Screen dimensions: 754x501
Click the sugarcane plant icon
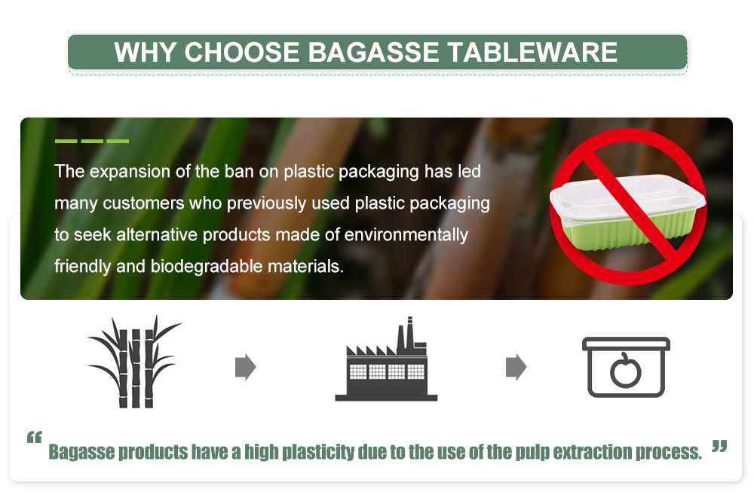point(134,362)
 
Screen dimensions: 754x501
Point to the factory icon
point(386,359)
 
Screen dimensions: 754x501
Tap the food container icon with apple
point(626,367)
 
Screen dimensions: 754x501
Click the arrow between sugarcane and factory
point(245,368)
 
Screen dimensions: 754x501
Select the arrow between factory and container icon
point(516,368)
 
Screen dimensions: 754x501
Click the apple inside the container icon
point(626,370)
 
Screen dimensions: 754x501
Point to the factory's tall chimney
point(409,332)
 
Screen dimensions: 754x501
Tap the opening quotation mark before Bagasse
point(34,437)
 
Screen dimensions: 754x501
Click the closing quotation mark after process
point(719,446)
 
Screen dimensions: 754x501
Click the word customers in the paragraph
point(143,203)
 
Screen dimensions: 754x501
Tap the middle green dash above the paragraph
point(92,141)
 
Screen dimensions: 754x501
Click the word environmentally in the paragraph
point(406,235)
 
